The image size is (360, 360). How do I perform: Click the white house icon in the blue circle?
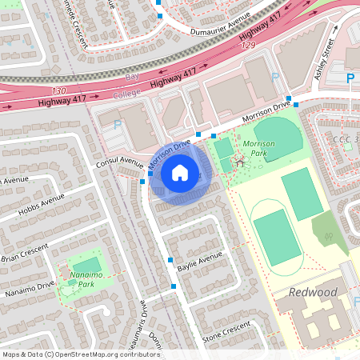pos(180,172)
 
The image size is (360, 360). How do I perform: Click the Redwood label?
pos(314,292)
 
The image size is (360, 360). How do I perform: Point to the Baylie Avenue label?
pos(199,260)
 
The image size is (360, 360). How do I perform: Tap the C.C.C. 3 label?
pos(345,138)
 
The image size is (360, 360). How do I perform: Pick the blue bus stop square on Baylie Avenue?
pos(170,260)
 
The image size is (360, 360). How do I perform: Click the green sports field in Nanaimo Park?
pos(88,264)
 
